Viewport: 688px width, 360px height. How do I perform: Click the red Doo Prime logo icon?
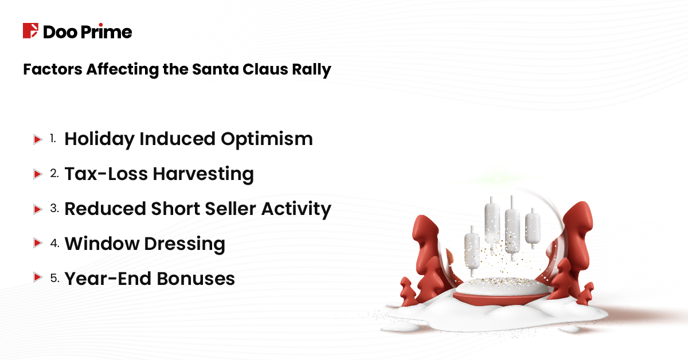coord(30,31)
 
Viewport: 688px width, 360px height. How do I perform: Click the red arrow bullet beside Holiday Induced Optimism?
coord(37,139)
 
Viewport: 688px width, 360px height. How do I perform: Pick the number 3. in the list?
coord(54,209)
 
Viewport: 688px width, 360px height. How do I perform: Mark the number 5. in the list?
coord(54,279)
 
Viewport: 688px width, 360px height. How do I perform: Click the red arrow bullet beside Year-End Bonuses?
coord(37,279)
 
